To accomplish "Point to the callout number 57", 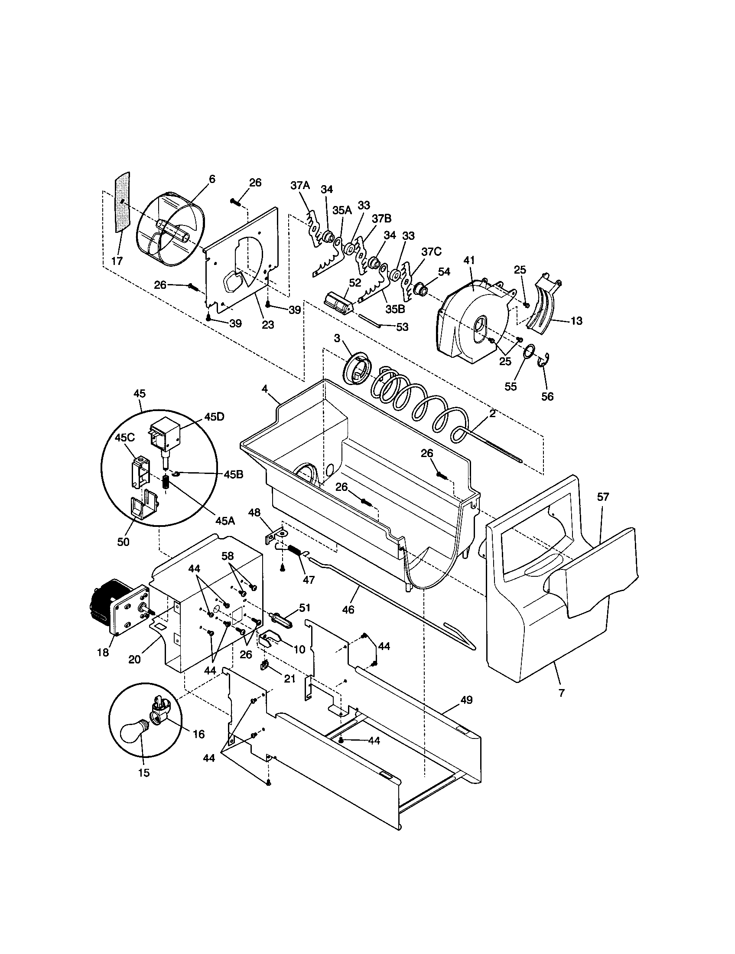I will [x=603, y=497].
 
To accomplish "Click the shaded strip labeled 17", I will [x=123, y=203].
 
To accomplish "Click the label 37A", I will [x=299, y=185].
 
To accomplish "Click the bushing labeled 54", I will [x=420, y=289].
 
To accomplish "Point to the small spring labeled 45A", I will [x=166, y=482].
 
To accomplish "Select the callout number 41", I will [x=468, y=260].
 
